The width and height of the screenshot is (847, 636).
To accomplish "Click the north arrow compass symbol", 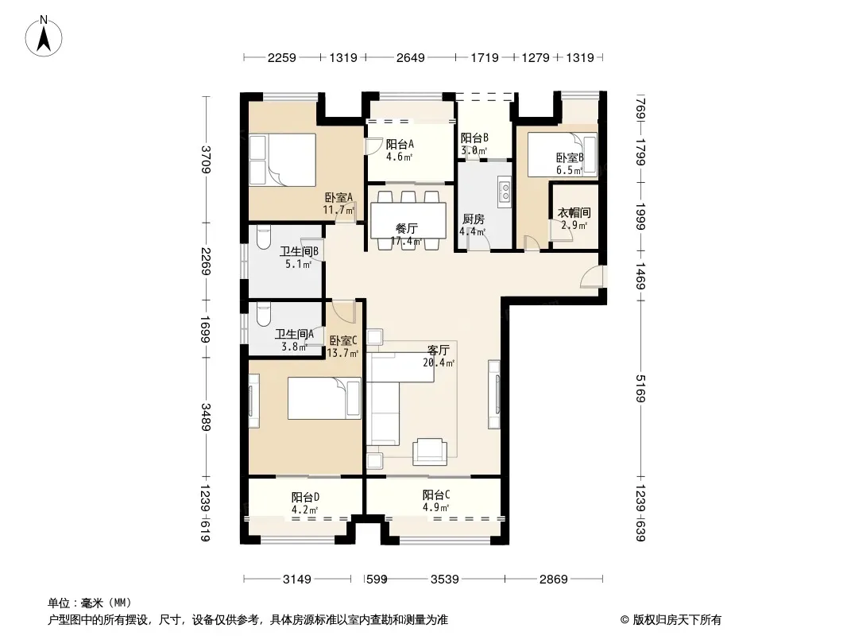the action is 43,37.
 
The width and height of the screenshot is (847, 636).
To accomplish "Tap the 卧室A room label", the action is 338,198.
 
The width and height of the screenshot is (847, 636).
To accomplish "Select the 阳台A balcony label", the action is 400,144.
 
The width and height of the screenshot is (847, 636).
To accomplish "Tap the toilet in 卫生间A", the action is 263,315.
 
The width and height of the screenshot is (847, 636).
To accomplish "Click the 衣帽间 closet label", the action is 574,213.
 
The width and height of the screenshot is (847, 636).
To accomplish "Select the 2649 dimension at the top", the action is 411,57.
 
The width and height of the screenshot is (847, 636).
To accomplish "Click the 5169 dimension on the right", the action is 640,389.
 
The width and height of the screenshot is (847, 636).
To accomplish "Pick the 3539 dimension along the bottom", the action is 445,580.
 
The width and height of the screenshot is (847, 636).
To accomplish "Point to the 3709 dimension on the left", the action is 206,160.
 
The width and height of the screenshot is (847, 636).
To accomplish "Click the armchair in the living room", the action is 429,452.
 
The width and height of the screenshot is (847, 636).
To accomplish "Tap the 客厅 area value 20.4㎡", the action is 438,363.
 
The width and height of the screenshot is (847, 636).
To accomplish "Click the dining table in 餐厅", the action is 408,220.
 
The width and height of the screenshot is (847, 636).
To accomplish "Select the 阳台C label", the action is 436,495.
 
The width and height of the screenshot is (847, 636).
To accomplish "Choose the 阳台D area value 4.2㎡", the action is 304,510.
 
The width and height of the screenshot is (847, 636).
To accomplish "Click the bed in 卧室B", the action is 563,154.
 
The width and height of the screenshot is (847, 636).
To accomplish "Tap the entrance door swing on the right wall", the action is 590,276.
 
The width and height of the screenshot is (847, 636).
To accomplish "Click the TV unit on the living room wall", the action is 493,394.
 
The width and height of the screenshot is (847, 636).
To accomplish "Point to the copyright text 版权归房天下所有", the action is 677,620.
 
